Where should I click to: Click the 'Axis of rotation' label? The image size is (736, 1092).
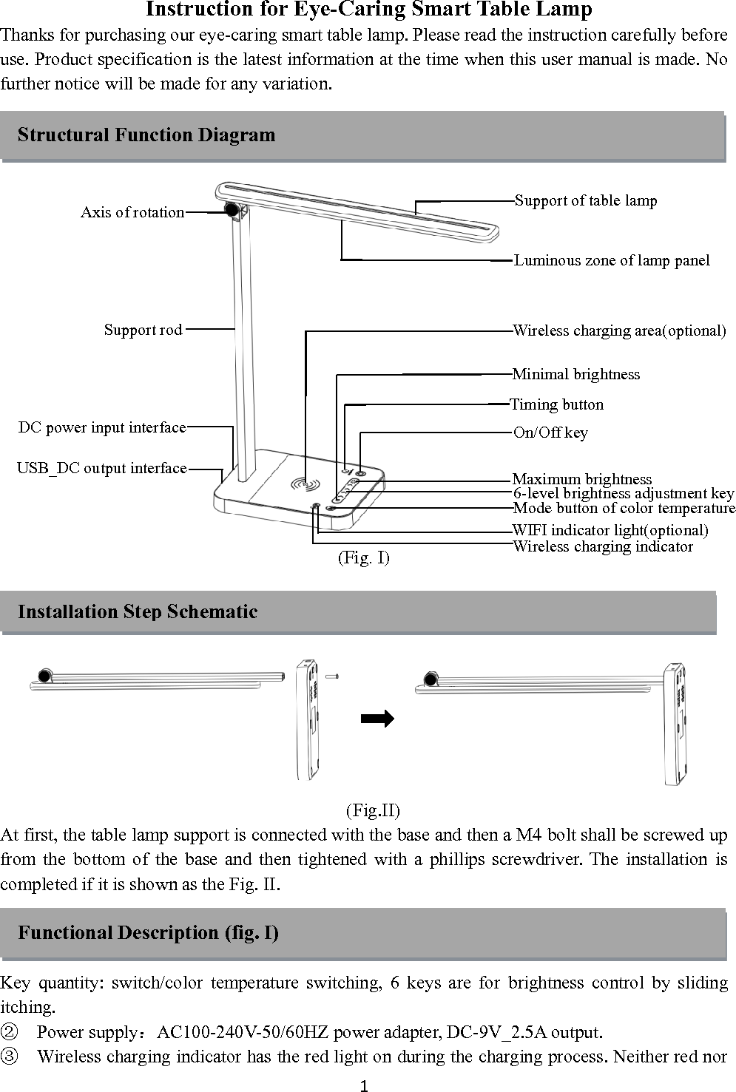click(x=132, y=212)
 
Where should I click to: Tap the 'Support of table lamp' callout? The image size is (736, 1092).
click(x=586, y=200)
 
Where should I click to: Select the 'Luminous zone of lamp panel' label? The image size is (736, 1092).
click(x=612, y=260)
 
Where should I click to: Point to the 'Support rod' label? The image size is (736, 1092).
click(x=144, y=330)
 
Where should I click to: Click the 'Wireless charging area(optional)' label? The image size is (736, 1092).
click(x=620, y=330)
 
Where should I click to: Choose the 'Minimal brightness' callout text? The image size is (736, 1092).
click(x=576, y=374)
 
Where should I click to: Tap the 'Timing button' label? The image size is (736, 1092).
click(x=557, y=404)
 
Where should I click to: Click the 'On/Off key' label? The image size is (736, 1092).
click(x=550, y=433)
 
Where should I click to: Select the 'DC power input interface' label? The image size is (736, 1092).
click(x=102, y=427)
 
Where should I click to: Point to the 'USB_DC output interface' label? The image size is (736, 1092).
click(x=102, y=468)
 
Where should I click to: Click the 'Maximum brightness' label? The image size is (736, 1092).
click(x=582, y=479)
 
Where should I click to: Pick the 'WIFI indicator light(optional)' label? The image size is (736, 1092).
click(x=610, y=530)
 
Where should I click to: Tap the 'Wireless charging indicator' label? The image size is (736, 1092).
click(x=603, y=546)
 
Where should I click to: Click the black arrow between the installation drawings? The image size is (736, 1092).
click(x=377, y=719)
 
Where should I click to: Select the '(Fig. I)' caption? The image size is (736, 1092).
click(x=363, y=557)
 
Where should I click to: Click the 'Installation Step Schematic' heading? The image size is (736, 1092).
click(x=138, y=611)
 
